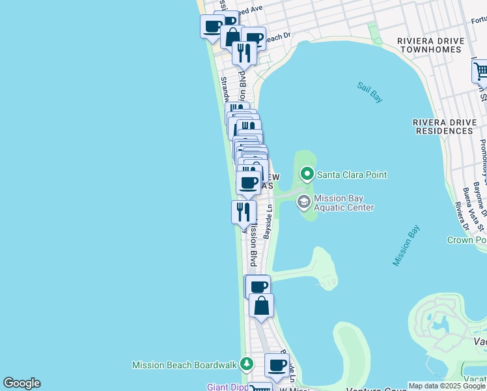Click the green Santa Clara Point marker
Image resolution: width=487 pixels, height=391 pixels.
click(x=307, y=174)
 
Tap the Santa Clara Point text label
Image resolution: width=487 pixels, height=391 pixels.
click(x=352, y=175)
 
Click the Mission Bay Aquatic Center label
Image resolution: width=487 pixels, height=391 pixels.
click(x=344, y=203)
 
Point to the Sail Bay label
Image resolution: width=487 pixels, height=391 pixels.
click(x=369, y=92)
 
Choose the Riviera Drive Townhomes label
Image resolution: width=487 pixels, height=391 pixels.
click(x=431, y=46)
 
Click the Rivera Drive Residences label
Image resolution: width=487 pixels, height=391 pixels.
click(x=443, y=126)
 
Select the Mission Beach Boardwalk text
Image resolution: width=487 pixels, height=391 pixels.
click(x=185, y=365)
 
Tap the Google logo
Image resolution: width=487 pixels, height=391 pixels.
click(x=21, y=383)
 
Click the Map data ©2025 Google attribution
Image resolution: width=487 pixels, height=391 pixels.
click(x=447, y=386)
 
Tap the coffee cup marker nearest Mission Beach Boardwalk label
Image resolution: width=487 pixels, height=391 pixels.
click(x=278, y=366)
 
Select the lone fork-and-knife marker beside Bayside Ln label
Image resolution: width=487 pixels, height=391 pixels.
click(x=241, y=211)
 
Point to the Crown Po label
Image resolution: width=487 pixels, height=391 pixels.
click(x=467, y=240)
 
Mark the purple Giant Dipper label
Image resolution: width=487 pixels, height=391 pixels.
click(x=227, y=387)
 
